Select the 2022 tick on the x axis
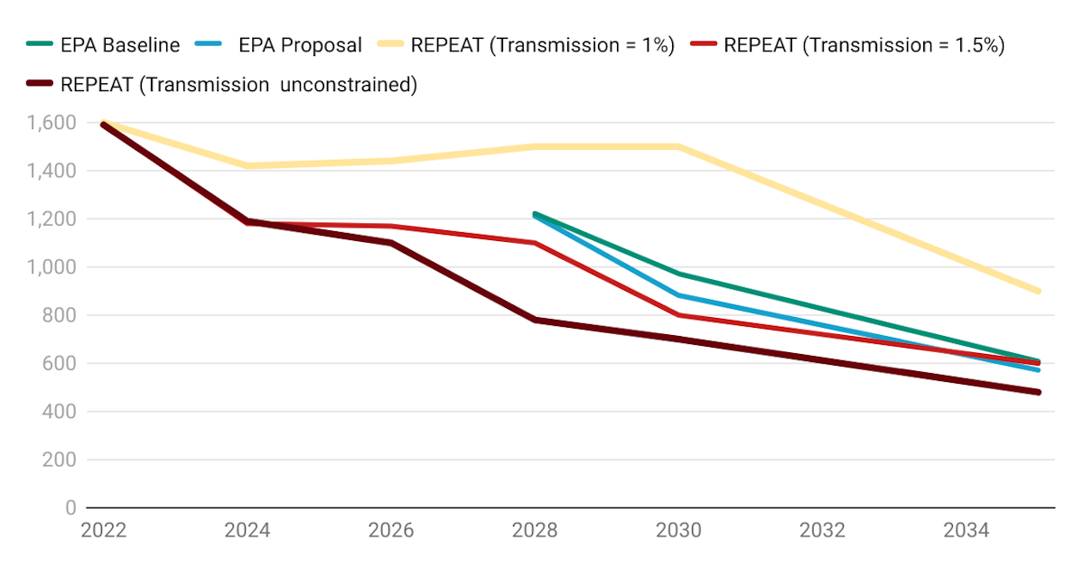click(104, 530)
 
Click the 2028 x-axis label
click(535, 530)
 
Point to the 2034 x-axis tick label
click(967, 530)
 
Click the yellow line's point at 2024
click(247, 165)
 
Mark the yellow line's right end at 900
click(1039, 291)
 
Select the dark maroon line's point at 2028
click(535, 320)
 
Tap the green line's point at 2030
click(678, 274)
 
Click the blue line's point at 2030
click(678, 295)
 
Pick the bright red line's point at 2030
click(678, 315)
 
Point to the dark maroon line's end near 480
click(1039, 392)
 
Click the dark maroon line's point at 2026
click(391, 242)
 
